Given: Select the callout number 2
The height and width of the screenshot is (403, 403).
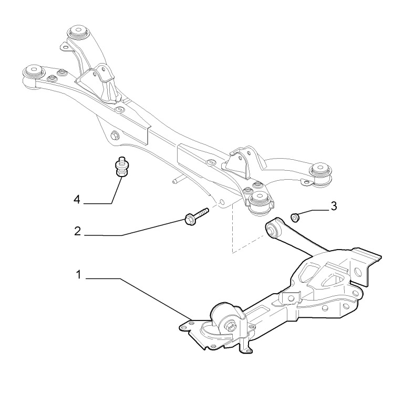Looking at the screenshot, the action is (x=77, y=231).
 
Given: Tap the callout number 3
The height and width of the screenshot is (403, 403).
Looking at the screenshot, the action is (x=333, y=206).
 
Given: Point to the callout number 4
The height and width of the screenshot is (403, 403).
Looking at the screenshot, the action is (x=77, y=200).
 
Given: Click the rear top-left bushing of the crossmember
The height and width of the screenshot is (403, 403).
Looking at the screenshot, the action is (x=77, y=32).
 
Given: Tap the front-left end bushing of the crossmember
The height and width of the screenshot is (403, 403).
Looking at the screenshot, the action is (x=33, y=73).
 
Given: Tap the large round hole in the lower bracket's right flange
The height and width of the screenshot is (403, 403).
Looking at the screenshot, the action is (x=358, y=271).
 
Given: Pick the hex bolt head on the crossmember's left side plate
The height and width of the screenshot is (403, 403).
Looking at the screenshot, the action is (x=114, y=135).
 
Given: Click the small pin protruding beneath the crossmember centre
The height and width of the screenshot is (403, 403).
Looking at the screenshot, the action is (x=178, y=180).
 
